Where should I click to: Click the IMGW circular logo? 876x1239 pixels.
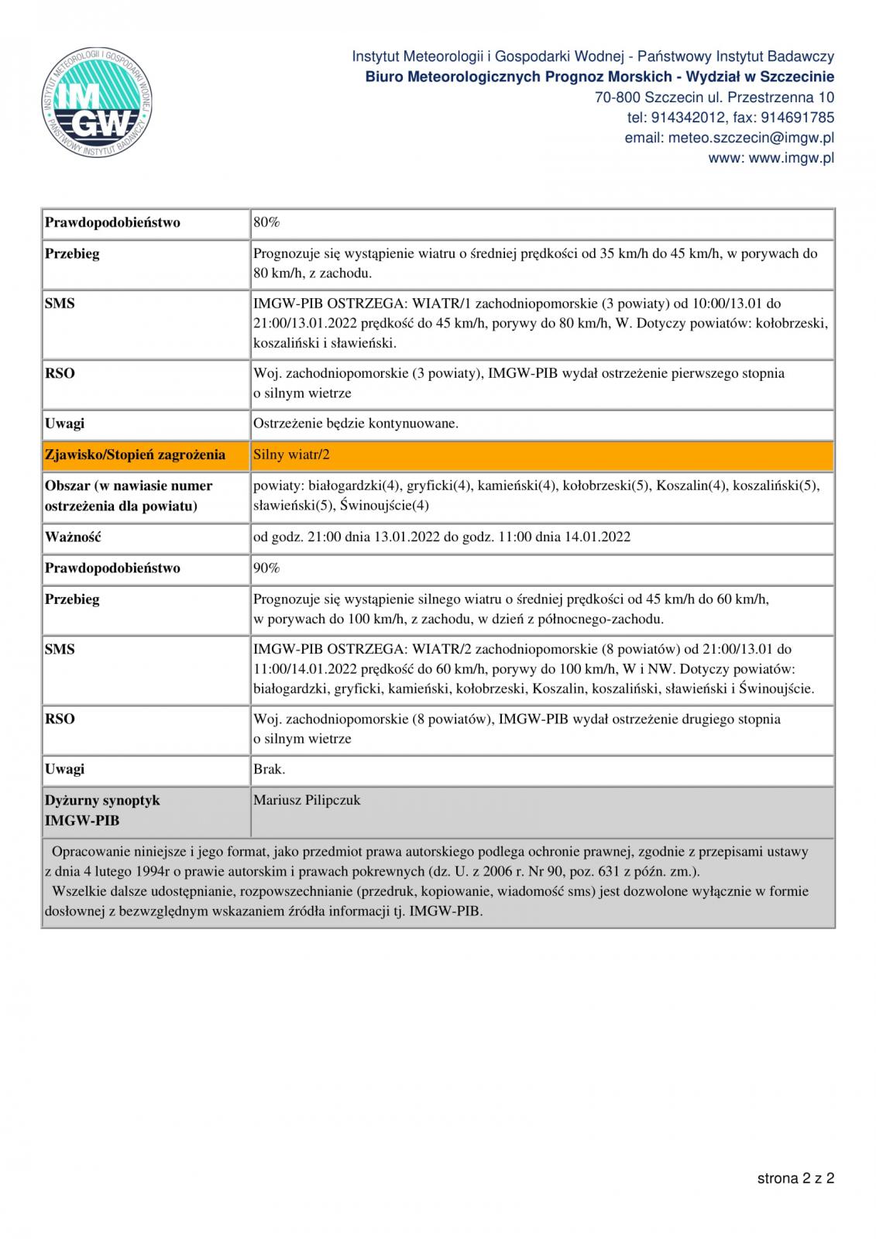tap(97, 103)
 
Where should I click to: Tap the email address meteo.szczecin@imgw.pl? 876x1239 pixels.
tap(729, 138)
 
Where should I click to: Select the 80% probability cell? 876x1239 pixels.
tap(266, 223)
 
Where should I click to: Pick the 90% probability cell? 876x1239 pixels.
tap(266, 568)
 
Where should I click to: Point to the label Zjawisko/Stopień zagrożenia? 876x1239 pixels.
tap(136, 455)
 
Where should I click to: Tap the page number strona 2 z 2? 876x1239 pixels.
tap(795, 1179)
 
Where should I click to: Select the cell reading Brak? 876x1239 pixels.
tap(269, 770)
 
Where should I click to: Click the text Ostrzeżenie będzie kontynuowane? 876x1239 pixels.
tap(356, 424)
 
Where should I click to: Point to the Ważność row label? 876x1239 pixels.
tap(73, 537)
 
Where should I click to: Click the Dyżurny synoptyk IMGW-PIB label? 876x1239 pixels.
tap(102, 810)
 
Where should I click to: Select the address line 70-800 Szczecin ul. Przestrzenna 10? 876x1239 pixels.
tap(714, 98)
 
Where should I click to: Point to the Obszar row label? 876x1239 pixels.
tap(129, 496)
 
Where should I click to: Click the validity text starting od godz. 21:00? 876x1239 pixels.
tap(441, 537)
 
